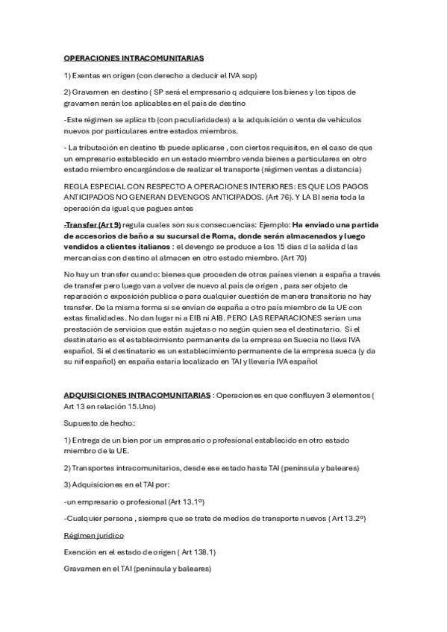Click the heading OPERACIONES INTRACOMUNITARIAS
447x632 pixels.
(134, 58)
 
